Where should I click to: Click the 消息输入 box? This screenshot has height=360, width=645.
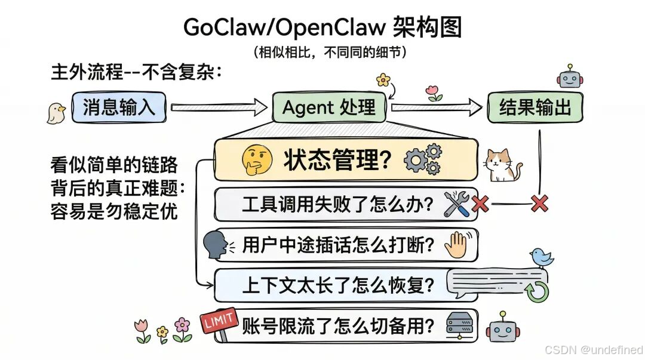coord(119,108)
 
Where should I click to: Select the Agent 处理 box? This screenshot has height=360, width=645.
coord(328,108)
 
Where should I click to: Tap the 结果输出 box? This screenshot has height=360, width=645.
coord(535,108)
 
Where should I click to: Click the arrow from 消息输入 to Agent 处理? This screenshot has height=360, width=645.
coord(219,108)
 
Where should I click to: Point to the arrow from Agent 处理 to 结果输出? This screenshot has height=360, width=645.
coord(437,108)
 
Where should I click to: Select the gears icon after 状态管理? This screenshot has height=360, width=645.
coord(423,159)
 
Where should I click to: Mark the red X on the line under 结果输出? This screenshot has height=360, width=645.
coord(539,204)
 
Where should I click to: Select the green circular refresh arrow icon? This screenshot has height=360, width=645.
coord(536,291)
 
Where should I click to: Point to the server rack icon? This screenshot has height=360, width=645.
coord(462,325)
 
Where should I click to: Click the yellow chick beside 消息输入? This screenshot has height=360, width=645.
coord(56,112)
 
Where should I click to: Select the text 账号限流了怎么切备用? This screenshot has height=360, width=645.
coord(339,326)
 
